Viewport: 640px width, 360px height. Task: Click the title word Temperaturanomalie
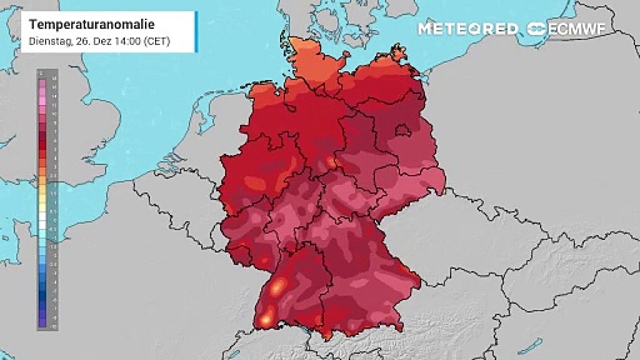click(92, 25)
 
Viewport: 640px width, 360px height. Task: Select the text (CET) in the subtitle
click(157, 42)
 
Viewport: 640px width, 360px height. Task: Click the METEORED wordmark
click(468, 29)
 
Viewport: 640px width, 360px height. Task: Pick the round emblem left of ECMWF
click(537, 29)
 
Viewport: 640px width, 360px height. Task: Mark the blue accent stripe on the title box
click(196, 32)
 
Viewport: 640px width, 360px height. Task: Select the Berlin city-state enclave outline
click(403, 131)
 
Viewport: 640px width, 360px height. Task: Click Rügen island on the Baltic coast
click(398, 53)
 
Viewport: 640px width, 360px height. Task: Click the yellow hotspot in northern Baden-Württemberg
click(278, 286)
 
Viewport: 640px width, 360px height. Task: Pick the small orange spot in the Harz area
click(330, 161)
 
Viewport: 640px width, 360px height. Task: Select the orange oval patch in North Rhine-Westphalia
click(255, 183)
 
